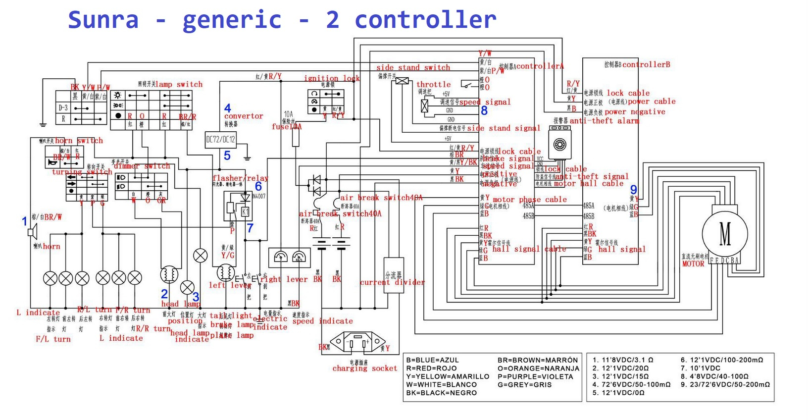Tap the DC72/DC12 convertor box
click(220, 140)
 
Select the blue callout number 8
click(484, 111)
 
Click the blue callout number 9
click(633, 190)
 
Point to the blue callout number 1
click(24, 221)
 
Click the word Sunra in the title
click(103, 20)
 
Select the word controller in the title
click(425, 20)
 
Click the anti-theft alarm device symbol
click(559, 144)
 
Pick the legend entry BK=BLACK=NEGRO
click(441, 393)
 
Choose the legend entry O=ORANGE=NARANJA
click(538, 368)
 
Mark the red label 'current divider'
click(392, 283)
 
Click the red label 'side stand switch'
click(413, 67)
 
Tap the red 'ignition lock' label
click(332, 78)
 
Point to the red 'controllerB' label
click(646, 64)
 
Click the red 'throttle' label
click(433, 84)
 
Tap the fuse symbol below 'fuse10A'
click(296, 138)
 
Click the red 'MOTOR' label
click(693, 264)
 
